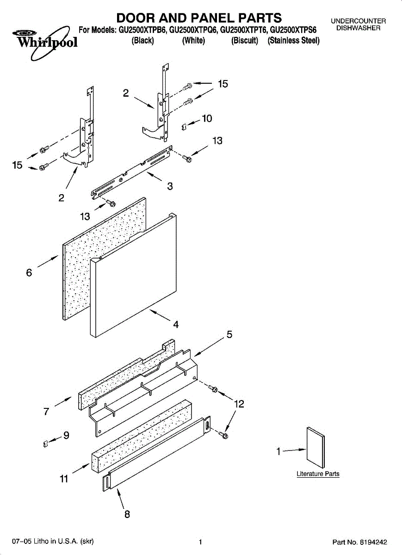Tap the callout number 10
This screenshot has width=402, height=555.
coord(207,119)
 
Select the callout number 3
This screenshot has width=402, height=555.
coord(170,186)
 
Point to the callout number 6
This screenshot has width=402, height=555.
coord(29,273)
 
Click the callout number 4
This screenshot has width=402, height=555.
coord(176,324)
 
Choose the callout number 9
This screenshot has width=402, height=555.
coord(66,435)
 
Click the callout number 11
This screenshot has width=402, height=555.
coord(64,479)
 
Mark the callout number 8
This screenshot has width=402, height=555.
coord(127,514)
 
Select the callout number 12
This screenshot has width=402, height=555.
coord(239,404)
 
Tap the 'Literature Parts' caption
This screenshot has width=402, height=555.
coord(318,474)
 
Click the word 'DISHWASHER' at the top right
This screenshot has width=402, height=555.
coord(358,28)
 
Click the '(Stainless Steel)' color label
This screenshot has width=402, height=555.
coord(294,41)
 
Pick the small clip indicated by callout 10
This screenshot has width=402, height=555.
coord(184,125)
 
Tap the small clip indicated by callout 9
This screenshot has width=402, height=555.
coord(45,444)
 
